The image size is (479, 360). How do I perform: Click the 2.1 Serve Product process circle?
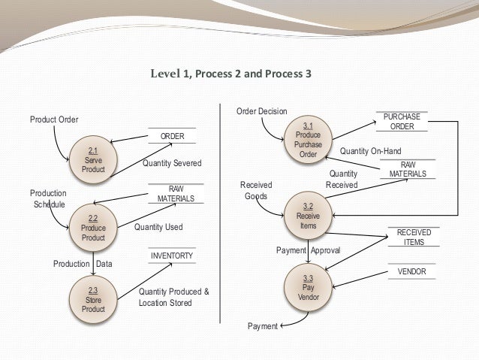click(94, 159)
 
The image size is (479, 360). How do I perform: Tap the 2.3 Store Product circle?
click(93, 299)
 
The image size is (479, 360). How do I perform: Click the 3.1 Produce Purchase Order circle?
click(308, 141)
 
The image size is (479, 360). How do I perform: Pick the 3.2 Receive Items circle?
click(308, 215)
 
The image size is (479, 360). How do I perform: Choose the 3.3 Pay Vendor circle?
click(308, 288)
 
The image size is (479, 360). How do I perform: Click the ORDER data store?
click(173, 136)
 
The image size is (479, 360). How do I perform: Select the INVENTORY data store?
click(172, 256)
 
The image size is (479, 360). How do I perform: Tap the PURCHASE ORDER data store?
click(402, 122)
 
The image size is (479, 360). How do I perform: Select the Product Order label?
click(54, 119)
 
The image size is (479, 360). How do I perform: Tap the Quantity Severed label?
click(172, 163)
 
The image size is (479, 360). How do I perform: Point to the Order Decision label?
click(261, 111)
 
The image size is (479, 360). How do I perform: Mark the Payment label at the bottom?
click(262, 326)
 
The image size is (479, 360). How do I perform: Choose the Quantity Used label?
click(158, 226)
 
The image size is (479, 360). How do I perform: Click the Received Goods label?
click(255, 190)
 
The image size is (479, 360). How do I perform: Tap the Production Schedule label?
click(49, 198)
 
